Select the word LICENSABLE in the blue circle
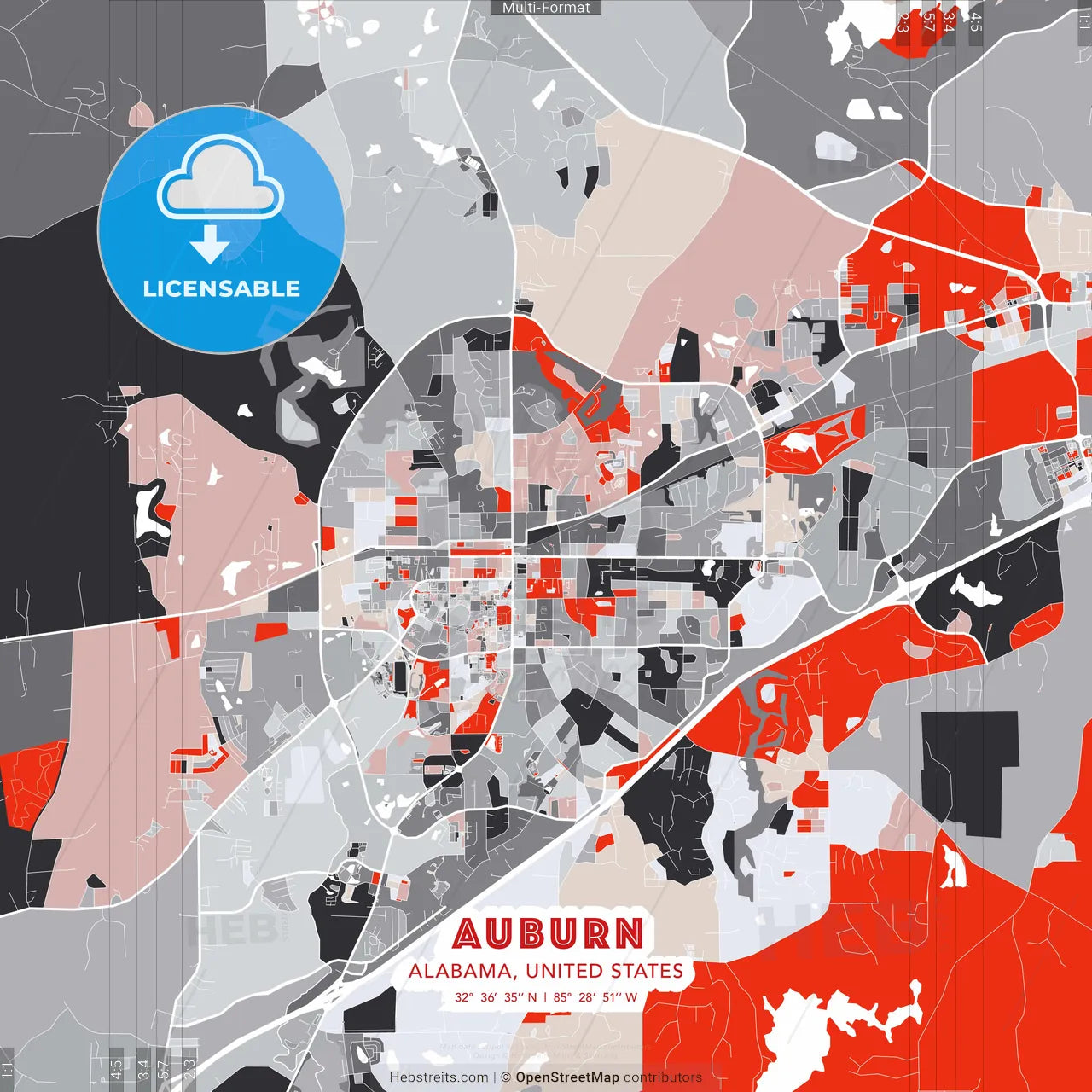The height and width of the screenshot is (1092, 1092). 222,288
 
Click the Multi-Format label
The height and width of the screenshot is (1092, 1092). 546,8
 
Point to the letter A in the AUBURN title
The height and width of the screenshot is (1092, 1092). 468,933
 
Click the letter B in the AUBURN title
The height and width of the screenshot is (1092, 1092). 530,933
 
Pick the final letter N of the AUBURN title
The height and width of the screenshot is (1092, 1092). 628,933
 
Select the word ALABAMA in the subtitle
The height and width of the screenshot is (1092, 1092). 460,971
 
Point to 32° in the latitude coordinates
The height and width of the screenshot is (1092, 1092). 464,996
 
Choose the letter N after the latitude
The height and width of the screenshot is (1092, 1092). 532,996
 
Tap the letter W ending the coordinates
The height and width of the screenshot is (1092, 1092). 631,996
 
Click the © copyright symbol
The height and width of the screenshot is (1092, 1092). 505,1077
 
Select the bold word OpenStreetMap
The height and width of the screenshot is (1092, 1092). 567,1077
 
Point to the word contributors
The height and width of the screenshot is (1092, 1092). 663,1077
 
